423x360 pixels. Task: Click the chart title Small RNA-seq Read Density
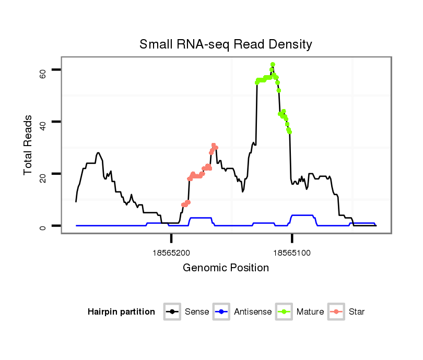click(226, 45)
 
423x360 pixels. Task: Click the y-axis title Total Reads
click(28, 145)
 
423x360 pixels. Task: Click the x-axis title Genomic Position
click(226, 268)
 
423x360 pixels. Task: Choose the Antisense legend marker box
click(221, 312)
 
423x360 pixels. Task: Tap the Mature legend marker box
click(284, 312)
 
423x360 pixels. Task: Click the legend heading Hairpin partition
click(121, 312)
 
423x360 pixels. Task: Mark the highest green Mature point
click(273, 64)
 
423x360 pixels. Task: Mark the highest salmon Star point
click(214, 145)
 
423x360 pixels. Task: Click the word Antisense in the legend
click(253, 312)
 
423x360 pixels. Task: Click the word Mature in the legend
click(310, 312)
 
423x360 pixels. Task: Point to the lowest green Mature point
click(289, 132)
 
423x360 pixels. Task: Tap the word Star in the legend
click(357, 312)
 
